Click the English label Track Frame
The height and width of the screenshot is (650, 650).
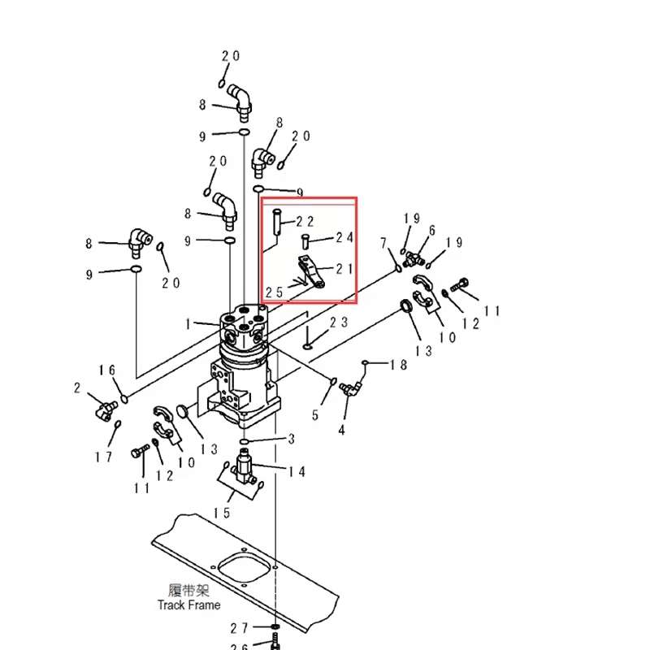[189, 604]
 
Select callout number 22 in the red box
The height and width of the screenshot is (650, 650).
[305, 221]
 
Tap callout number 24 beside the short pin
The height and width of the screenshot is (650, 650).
[344, 238]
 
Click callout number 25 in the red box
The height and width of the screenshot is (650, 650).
[274, 291]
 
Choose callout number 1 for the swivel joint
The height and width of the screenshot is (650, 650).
[188, 324]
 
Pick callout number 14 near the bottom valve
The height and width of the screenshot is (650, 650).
[297, 472]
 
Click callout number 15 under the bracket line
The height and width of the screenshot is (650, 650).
[222, 513]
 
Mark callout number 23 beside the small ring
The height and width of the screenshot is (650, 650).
[339, 323]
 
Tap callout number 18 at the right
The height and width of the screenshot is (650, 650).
[398, 365]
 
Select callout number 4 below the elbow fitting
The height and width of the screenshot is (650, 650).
[342, 430]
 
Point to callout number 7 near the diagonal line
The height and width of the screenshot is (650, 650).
[383, 243]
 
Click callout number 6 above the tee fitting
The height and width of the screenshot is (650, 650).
[432, 231]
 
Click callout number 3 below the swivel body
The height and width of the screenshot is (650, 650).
[290, 440]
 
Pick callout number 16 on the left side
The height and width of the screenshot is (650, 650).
[108, 370]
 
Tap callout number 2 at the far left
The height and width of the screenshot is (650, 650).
[77, 388]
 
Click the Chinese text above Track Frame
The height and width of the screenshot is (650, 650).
[189, 591]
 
